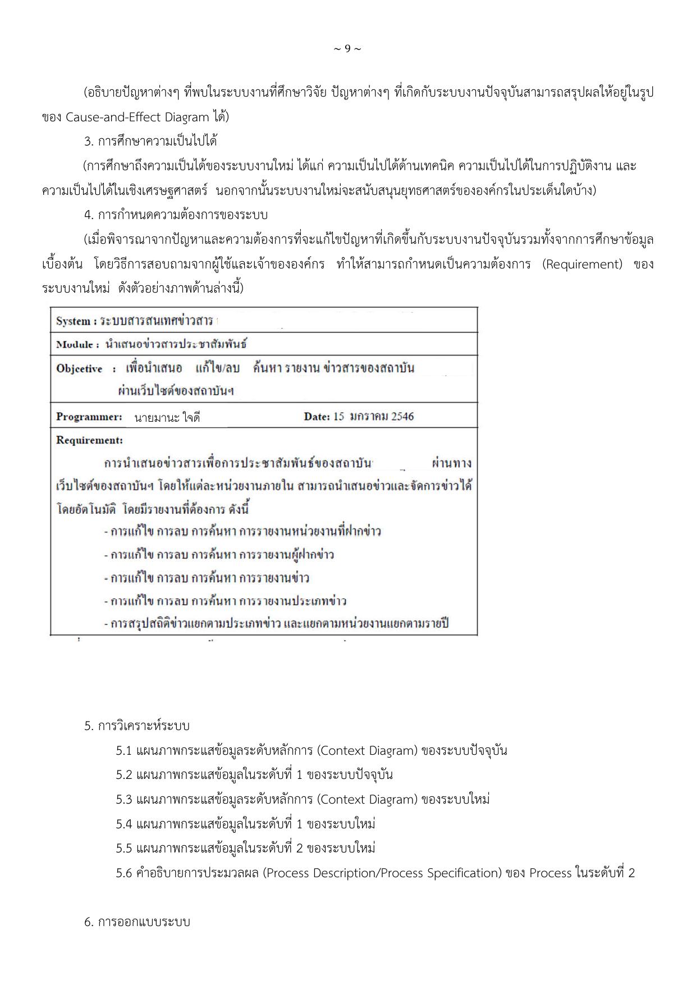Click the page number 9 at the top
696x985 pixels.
347,49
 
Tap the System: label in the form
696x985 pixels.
76,321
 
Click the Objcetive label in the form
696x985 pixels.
79,368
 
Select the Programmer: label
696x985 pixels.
89,417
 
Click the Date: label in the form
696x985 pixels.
317,416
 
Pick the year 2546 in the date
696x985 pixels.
402,416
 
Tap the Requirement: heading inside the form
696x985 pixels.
89,440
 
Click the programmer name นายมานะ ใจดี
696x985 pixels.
167,417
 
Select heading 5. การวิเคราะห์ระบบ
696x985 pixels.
137,726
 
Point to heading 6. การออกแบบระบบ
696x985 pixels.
138,922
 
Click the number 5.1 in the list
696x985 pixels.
123,751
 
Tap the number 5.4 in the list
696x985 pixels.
123,824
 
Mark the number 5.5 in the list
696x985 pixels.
123,848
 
